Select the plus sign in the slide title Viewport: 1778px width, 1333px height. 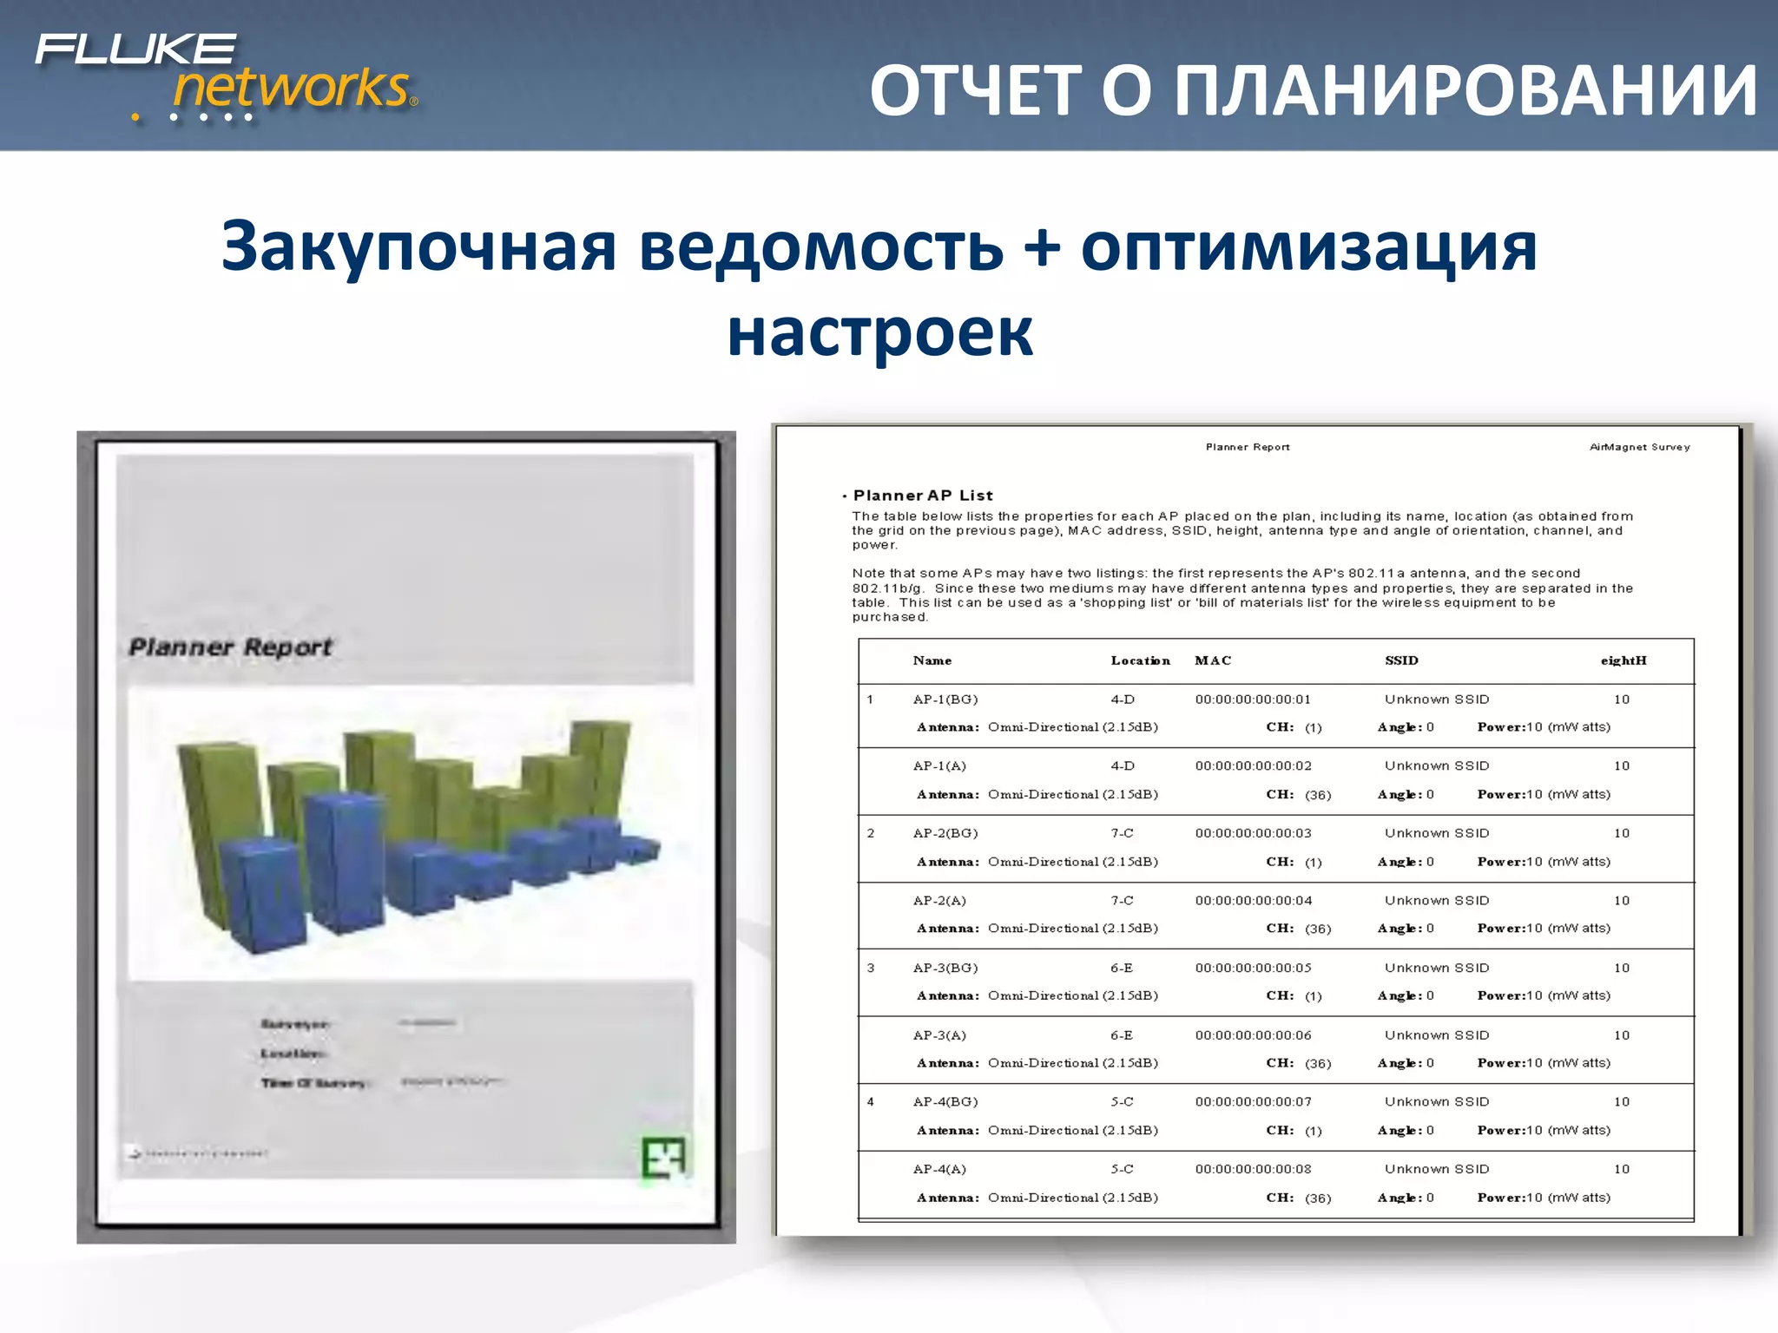[x=1042, y=246]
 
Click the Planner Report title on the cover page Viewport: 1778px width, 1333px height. [x=231, y=647]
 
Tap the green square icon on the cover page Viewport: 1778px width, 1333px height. [x=663, y=1157]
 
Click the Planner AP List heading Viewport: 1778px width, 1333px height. [x=922, y=496]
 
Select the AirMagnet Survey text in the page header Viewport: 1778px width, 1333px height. [x=1639, y=448]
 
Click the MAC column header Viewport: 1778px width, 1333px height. [x=1213, y=661]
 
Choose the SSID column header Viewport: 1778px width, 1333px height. [x=1401, y=661]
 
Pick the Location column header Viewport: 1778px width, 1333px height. [x=1140, y=661]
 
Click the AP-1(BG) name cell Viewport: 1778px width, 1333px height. [x=945, y=699]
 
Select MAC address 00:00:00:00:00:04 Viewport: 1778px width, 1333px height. [x=1253, y=901]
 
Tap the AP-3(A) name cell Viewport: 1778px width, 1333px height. [x=939, y=1035]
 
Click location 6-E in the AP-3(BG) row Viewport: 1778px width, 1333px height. [x=1122, y=969]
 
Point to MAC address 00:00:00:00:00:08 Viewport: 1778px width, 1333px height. [x=1253, y=1170]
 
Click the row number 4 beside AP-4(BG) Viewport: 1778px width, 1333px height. [x=871, y=1102]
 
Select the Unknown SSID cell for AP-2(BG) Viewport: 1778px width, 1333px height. [x=1437, y=834]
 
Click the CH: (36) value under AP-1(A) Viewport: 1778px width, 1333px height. [x=1298, y=795]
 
